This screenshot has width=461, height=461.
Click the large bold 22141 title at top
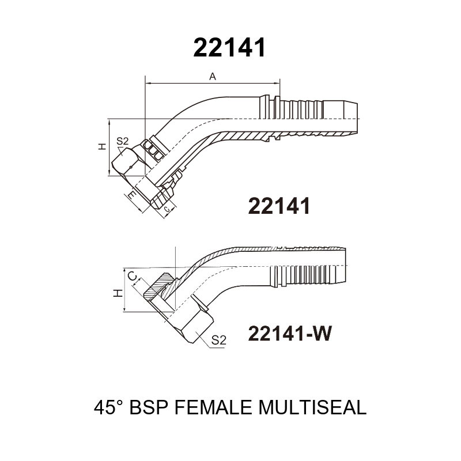tap(229, 47)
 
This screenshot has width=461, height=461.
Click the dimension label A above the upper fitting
tap(212, 77)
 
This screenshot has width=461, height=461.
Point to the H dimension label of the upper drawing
tap(102, 146)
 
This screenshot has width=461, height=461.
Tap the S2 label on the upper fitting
tap(123, 141)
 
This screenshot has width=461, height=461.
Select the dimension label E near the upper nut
tap(133, 195)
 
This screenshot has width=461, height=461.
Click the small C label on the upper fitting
tap(167, 209)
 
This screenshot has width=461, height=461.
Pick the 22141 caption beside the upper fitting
tap(279, 206)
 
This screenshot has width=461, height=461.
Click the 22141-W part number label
tap(290, 334)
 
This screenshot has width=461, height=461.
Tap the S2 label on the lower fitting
tap(219, 340)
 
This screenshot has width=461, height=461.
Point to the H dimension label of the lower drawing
tap(118, 293)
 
